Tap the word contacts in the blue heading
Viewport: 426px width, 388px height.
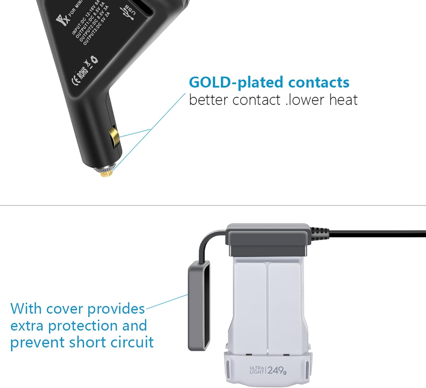point(319,82)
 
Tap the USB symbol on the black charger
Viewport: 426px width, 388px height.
point(128,13)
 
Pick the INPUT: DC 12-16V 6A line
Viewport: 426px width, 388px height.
point(85,18)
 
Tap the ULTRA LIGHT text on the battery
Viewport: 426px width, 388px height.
point(257,370)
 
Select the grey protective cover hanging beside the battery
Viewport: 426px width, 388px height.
point(199,306)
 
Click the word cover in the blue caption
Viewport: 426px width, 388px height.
point(65,309)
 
